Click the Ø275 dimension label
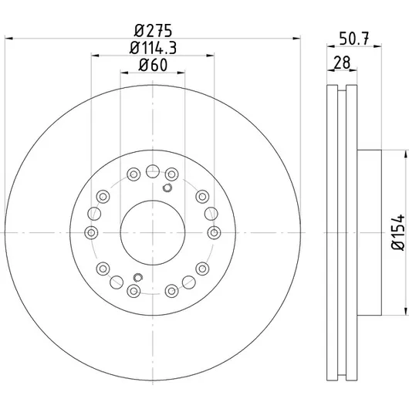[x=153, y=31]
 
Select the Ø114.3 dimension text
[x=153, y=48]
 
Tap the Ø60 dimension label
[x=153, y=65]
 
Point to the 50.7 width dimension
[x=354, y=39]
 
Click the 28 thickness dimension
[x=342, y=63]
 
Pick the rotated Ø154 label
[x=398, y=232]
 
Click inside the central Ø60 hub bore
[x=153, y=233]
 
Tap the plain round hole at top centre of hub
[x=153, y=171]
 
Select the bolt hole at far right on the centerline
[x=214, y=233]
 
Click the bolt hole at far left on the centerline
[x=91, y=233]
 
